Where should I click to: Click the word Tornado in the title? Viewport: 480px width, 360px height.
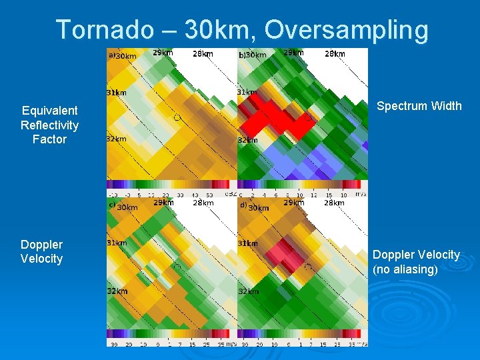click(93, 30)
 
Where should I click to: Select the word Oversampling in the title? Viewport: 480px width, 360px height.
click(346, 30)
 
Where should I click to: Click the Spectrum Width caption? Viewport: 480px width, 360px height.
click(419, 106)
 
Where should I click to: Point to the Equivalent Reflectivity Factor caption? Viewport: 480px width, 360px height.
click(49, 125)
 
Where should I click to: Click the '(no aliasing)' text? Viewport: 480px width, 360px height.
click(405, 269)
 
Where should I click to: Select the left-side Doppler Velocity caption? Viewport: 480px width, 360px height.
click(41, 251)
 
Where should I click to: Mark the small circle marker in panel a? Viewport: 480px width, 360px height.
click(177, 117)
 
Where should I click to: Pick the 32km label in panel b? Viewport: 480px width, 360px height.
click(247, 141)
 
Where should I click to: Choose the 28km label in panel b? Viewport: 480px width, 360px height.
click(334, 53)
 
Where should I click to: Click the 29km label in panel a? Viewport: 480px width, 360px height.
click(163, 53)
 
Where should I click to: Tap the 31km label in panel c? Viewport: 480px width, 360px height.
click(117, 243)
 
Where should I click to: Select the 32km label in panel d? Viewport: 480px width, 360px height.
click(248, 291)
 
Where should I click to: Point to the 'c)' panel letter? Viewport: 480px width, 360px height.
click(112, 205)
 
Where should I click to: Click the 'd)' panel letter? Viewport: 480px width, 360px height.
click(243, 205)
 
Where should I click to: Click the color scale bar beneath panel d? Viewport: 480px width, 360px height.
click(302, 334)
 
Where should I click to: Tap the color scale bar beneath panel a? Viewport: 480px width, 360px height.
click(171, 184)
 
